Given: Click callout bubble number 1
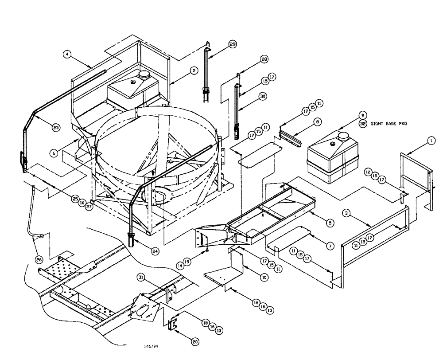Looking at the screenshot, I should [x=432, y=141].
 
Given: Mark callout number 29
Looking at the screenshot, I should [x=233, y=44].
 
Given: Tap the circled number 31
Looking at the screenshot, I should [x=141, y=278].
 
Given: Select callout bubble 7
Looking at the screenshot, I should [x=330, y=246].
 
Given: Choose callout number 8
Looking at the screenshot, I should [x=318, y=121].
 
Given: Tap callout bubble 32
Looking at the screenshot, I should [x=363, y=125].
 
